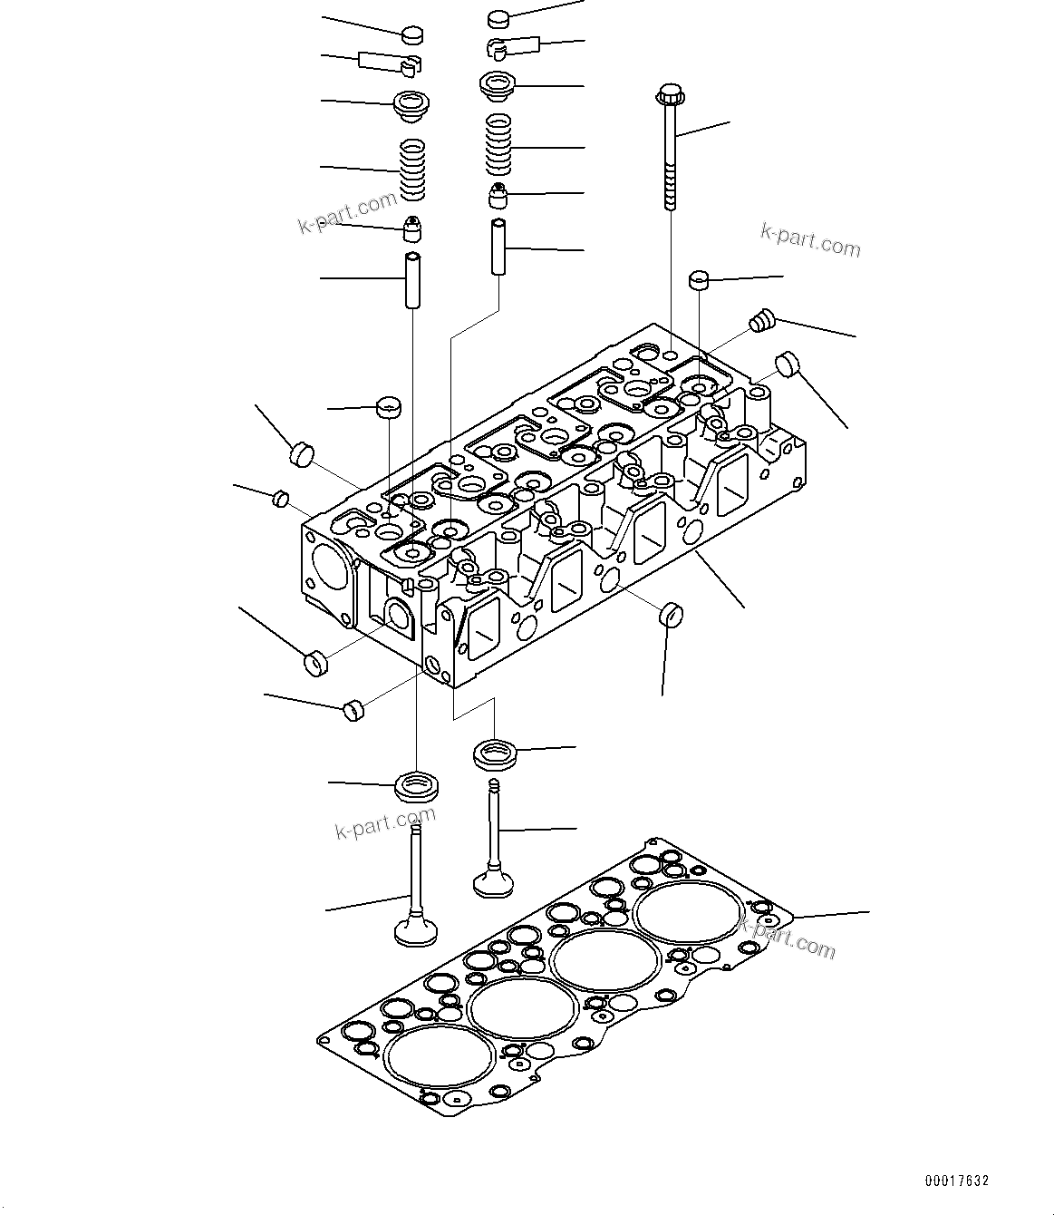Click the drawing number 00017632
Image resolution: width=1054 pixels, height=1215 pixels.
pos(956,1181)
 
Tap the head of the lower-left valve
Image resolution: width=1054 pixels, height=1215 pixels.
pos(415,931)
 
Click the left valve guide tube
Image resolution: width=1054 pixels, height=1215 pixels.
pos(413,281)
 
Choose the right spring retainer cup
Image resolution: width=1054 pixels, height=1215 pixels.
pos(498,86)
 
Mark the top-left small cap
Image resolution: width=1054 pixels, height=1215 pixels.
pos(413,35)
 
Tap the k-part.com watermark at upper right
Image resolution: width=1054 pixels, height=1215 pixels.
pos(810,241)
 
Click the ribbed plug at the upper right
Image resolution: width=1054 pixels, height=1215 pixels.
pos(761,319)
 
